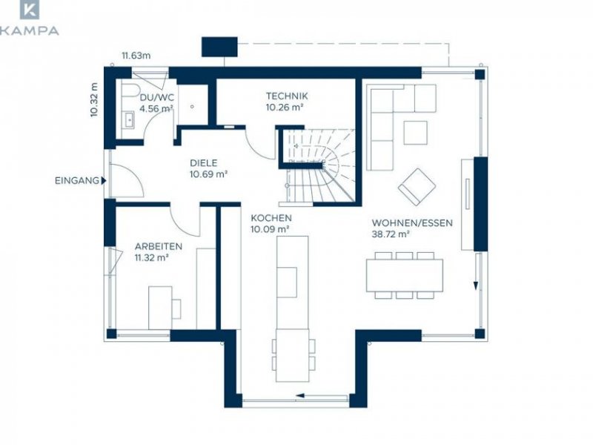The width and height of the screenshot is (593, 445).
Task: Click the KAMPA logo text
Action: click(x=29, y=30)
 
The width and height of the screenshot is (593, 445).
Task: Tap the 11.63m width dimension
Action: click(x=136, y=56)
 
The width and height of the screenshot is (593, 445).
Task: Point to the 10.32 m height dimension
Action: click(x=94, y=99)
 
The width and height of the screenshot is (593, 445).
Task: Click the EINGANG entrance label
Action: click(x=77, y=181)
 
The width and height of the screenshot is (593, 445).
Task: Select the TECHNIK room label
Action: click(x=287, y=96)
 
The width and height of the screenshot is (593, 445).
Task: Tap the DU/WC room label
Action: click(x=157, y=98)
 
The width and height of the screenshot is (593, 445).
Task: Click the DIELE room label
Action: click(x=203, y=163)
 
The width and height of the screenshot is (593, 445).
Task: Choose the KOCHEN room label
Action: click(x=271, y=218)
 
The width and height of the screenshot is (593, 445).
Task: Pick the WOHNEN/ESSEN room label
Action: click(x=412, y=223)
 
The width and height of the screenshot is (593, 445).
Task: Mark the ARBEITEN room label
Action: click(x=159, y=246)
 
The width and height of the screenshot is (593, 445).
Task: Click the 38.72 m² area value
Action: click(x=391, y=234)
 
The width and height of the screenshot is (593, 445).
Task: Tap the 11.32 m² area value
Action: click(x=151, y=257)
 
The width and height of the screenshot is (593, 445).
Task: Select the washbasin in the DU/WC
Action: click(x=128, y=120)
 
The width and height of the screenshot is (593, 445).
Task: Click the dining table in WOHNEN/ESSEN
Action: click(x=404, y=275)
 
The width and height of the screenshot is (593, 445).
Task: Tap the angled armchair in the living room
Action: click(x=417, y=187)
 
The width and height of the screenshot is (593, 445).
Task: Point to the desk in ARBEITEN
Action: click(x=160, y=308)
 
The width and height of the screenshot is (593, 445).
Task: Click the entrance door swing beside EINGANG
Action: click(x=127, y=181)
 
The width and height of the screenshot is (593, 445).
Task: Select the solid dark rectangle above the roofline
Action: click(x=219, y=47)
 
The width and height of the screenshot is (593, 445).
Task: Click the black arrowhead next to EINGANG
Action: click(x=104, y=181)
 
